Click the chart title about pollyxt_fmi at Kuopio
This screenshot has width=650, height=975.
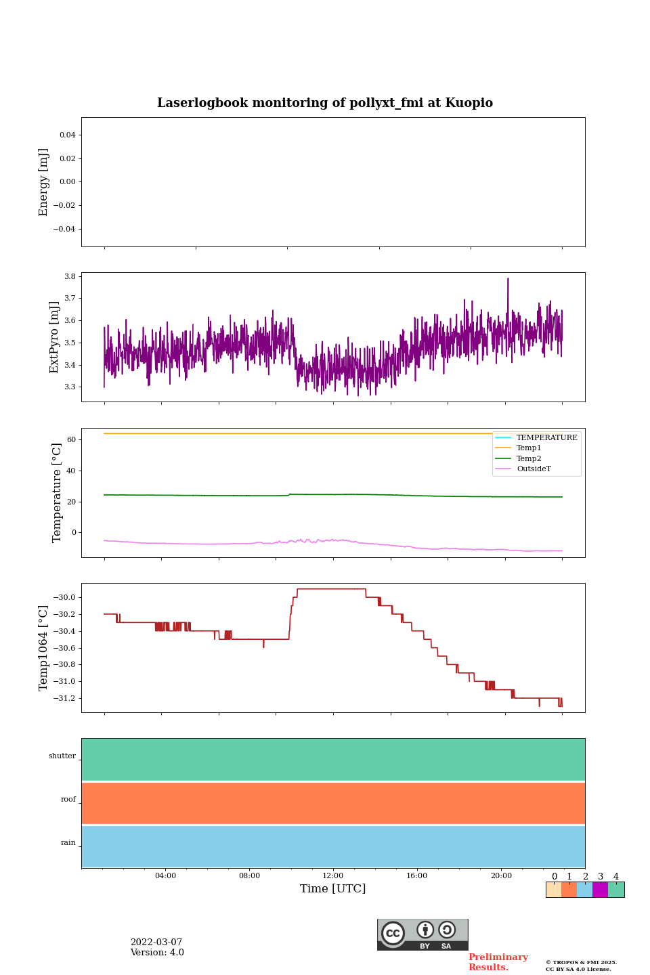tap(325, 103)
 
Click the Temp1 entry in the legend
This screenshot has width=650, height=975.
tap(529, 448)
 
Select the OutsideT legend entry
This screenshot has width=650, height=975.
tap(534, 469)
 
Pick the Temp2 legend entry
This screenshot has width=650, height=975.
tap(529, 458)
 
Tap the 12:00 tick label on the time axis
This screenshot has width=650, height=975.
tap(333, 876)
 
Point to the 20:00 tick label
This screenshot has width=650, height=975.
tap(501, 876)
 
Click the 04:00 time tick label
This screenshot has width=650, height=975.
tap(165, 876)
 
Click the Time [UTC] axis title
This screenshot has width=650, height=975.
tap(333, 889)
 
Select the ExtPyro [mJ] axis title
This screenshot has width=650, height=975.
tap(55, 337)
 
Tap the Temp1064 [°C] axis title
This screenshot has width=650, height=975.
tap(44, 648)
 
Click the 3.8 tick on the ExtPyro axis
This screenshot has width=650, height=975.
tap(70, 276)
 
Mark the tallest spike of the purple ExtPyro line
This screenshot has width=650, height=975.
tap(508, 279)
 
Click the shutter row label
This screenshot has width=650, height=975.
tap(62, 756)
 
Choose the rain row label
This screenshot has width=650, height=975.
tap(68, 843)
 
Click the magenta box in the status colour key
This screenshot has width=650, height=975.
tap(600, 890)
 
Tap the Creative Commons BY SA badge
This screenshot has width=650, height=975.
tap(422, 934)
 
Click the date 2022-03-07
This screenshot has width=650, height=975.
tap(156, 942)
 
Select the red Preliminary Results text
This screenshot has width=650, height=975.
tap(498, 962)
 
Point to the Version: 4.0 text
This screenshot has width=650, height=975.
tap(157, 953)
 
